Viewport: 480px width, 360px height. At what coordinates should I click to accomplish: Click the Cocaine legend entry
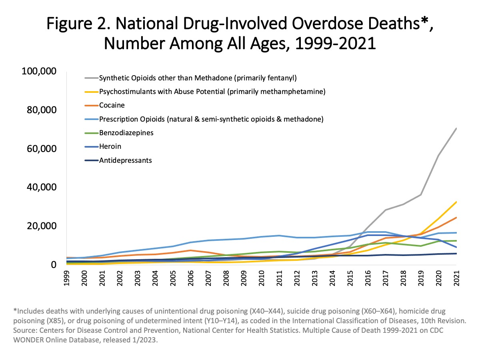pos(112,105)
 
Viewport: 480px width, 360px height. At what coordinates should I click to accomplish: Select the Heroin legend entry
pos(110,147)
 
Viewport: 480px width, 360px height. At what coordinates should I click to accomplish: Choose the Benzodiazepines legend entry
pos(126,133)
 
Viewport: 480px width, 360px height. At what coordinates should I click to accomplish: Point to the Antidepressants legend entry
pos(126,160)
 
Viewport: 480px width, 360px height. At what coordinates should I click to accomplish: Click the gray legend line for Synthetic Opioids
pos(91,78)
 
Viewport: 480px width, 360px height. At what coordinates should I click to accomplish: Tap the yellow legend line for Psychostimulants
pos(91,92)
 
